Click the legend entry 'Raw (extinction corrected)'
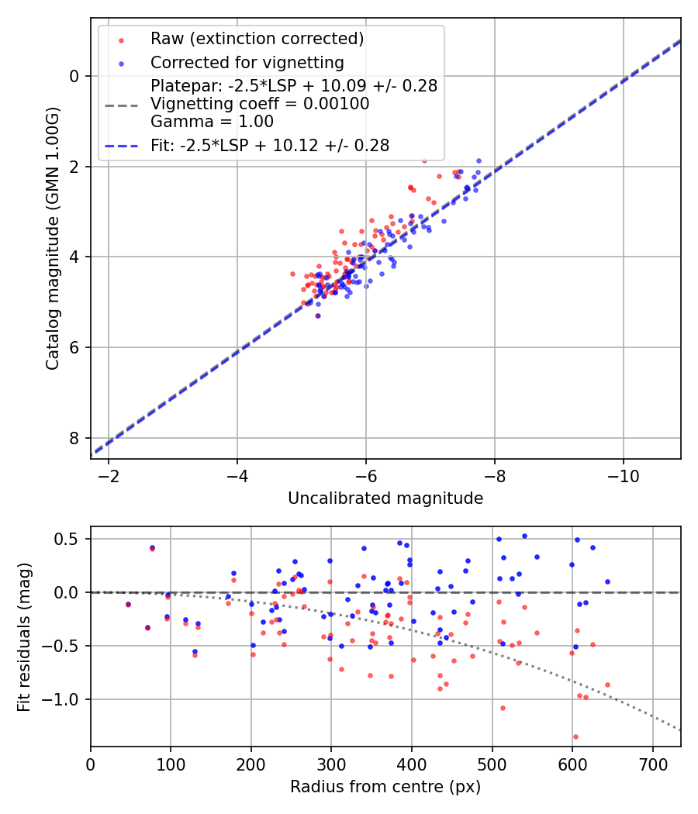[257, 39]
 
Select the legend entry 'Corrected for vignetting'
[247, 62]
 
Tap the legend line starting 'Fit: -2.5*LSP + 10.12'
[269, 145]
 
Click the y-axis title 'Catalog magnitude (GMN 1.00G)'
[52, 238]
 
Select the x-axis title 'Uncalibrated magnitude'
[385, 498]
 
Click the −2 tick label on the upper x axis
[109, 474]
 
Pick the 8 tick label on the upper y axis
[74, 438]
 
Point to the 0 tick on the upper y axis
[74, 76]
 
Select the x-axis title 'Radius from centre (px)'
[385, 787]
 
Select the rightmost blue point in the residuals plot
[607, 581]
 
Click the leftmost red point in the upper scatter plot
[292, 274]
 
